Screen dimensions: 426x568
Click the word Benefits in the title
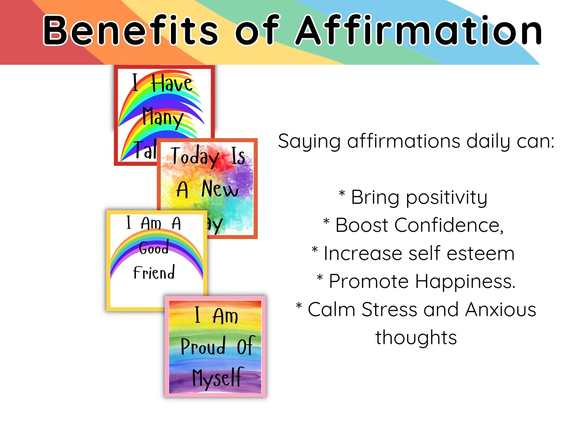click(131, 31)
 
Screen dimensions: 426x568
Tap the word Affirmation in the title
click(418, 31)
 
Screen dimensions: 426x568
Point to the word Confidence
click(449, 225)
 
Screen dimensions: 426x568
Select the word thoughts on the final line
click(416, 337)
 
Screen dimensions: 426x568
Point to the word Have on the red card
click(172, 84)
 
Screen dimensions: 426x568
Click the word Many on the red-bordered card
click(163, 117)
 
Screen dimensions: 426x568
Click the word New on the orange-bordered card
click(220, 188)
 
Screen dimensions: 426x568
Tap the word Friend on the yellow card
click(154, 273)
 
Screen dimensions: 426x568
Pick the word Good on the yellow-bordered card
click(154, 248)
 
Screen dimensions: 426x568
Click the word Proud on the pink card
click(203, 346)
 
